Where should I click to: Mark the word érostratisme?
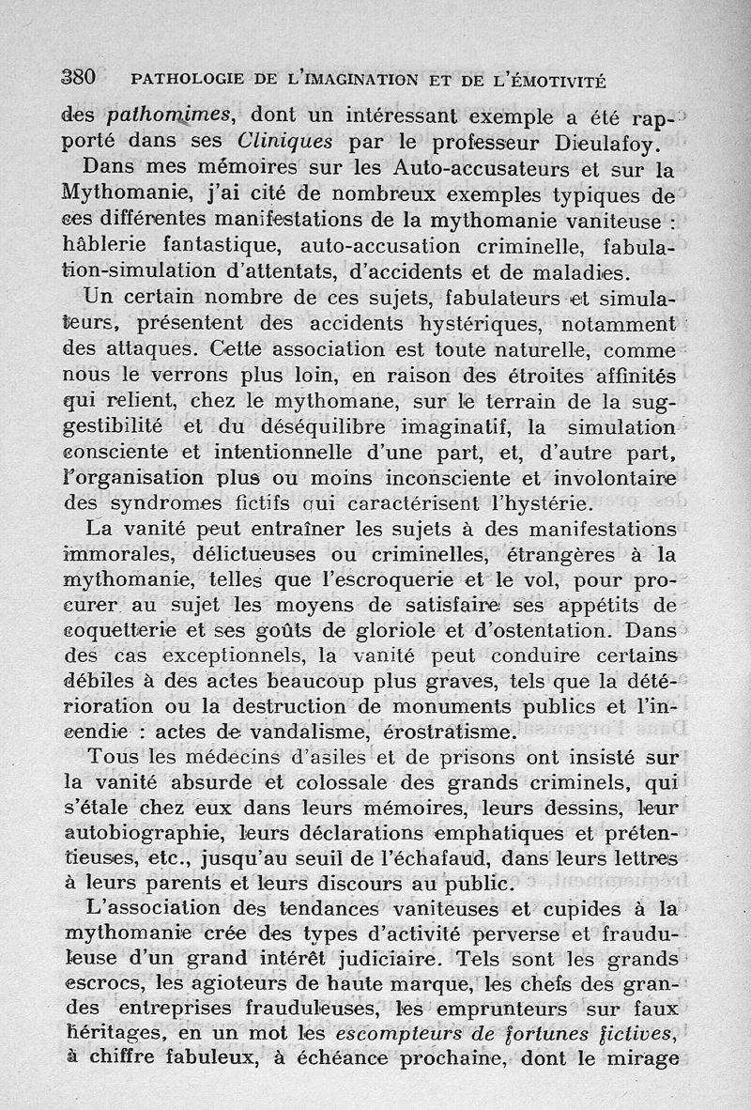tap(436, 730)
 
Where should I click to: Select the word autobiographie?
tap(129, 833)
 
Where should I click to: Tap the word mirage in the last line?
tap(648, 1056)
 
